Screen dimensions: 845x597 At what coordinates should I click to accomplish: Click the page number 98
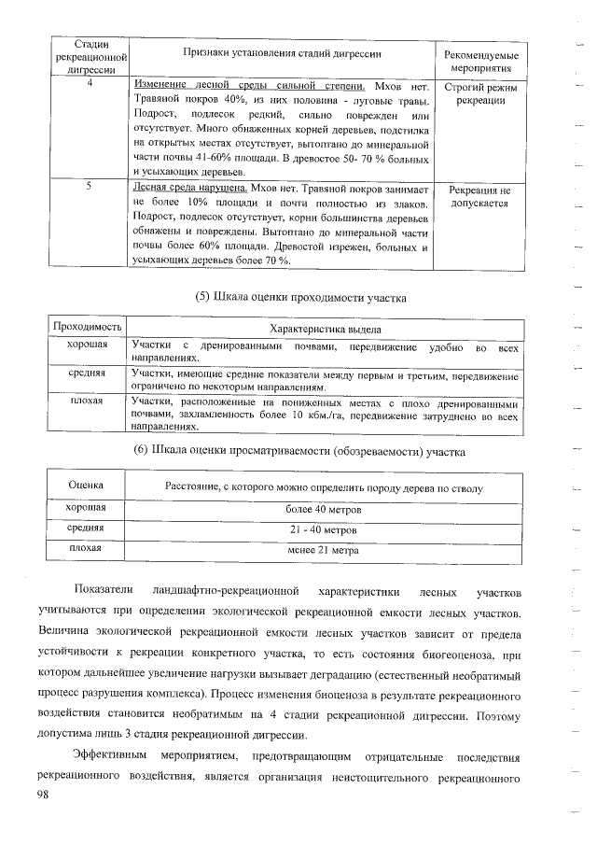[x=43, y=793]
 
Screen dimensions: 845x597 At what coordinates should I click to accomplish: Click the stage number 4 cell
[x=89, y=85]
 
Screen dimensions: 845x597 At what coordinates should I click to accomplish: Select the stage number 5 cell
[x=89, y=187]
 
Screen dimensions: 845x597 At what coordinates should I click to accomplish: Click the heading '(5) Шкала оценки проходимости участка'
[x=301, y=298]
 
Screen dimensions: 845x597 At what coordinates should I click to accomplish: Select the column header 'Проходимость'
[x=88, y=329]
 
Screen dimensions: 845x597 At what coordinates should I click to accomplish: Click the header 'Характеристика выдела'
[x=324, y=330]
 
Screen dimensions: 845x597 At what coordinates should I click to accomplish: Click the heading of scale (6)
[x=300, y=451]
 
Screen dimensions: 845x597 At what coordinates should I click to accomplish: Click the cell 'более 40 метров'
[x=324, y=510]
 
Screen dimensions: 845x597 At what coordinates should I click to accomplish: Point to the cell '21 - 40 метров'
[x=324, y=529]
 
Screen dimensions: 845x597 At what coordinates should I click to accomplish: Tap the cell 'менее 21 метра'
[x=324, y=550]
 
